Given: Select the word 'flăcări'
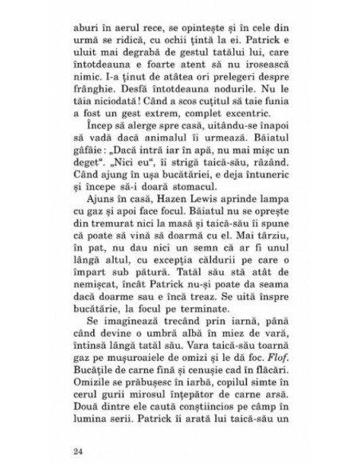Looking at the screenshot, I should point(280,388).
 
